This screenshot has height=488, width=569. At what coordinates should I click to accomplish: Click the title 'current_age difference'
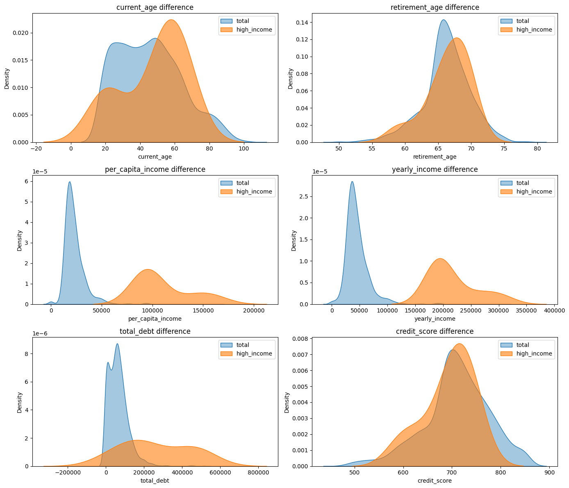[155, 7]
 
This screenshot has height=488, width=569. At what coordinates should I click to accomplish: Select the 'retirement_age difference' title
[435, 7]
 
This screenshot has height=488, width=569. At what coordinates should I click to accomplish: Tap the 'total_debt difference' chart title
[155, 331]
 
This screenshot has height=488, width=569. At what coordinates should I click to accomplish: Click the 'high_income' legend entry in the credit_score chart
[534, 353]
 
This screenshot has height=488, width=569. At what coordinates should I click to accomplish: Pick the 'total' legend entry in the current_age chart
[243, 21]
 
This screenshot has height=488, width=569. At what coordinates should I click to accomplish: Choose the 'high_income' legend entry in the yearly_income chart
[534, 192]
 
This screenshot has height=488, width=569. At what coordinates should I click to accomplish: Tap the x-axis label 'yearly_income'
[435, 319]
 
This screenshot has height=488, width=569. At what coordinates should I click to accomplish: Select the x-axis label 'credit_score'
[435, 481]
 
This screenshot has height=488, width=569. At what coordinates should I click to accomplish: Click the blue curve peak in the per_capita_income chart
[70, 182]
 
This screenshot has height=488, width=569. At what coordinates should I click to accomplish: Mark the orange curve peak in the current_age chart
[171, 20]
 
